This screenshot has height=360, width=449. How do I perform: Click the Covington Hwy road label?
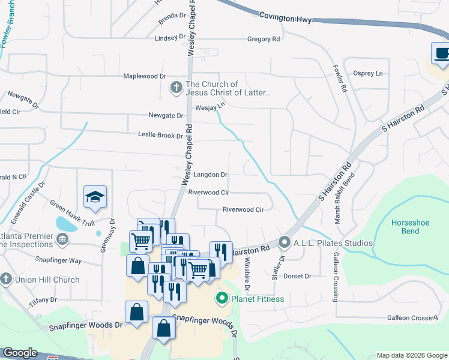pos(285,19)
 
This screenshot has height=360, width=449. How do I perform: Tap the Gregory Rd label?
pos(264,39)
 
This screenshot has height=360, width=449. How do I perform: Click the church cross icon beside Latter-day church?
pos(176,88)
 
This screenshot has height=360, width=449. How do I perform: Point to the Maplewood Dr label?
pos(144,76)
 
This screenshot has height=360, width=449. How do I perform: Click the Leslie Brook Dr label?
pos(160,135)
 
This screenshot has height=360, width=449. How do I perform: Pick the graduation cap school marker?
pos(95,197)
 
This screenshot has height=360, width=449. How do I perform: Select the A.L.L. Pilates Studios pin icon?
pos(285,243)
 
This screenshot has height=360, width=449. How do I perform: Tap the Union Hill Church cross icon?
pos(5,279)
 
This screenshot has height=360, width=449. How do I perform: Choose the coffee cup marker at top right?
pos(441,53)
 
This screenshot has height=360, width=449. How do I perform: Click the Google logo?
pos(20,353)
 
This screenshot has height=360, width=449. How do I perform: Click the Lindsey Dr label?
pos(170,37)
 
